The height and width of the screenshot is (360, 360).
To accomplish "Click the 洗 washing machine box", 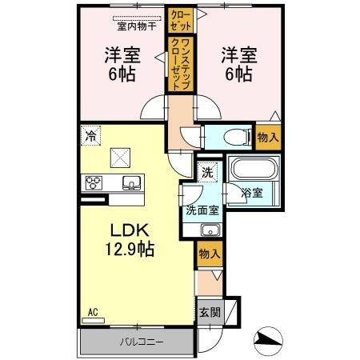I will point(207,172).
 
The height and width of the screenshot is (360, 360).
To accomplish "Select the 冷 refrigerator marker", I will point(92,135).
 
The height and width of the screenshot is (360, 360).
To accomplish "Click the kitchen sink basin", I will point(130,183).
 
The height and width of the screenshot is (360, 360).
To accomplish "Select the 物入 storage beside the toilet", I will point(268,137).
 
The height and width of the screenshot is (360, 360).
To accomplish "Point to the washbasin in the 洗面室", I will point(210,230).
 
